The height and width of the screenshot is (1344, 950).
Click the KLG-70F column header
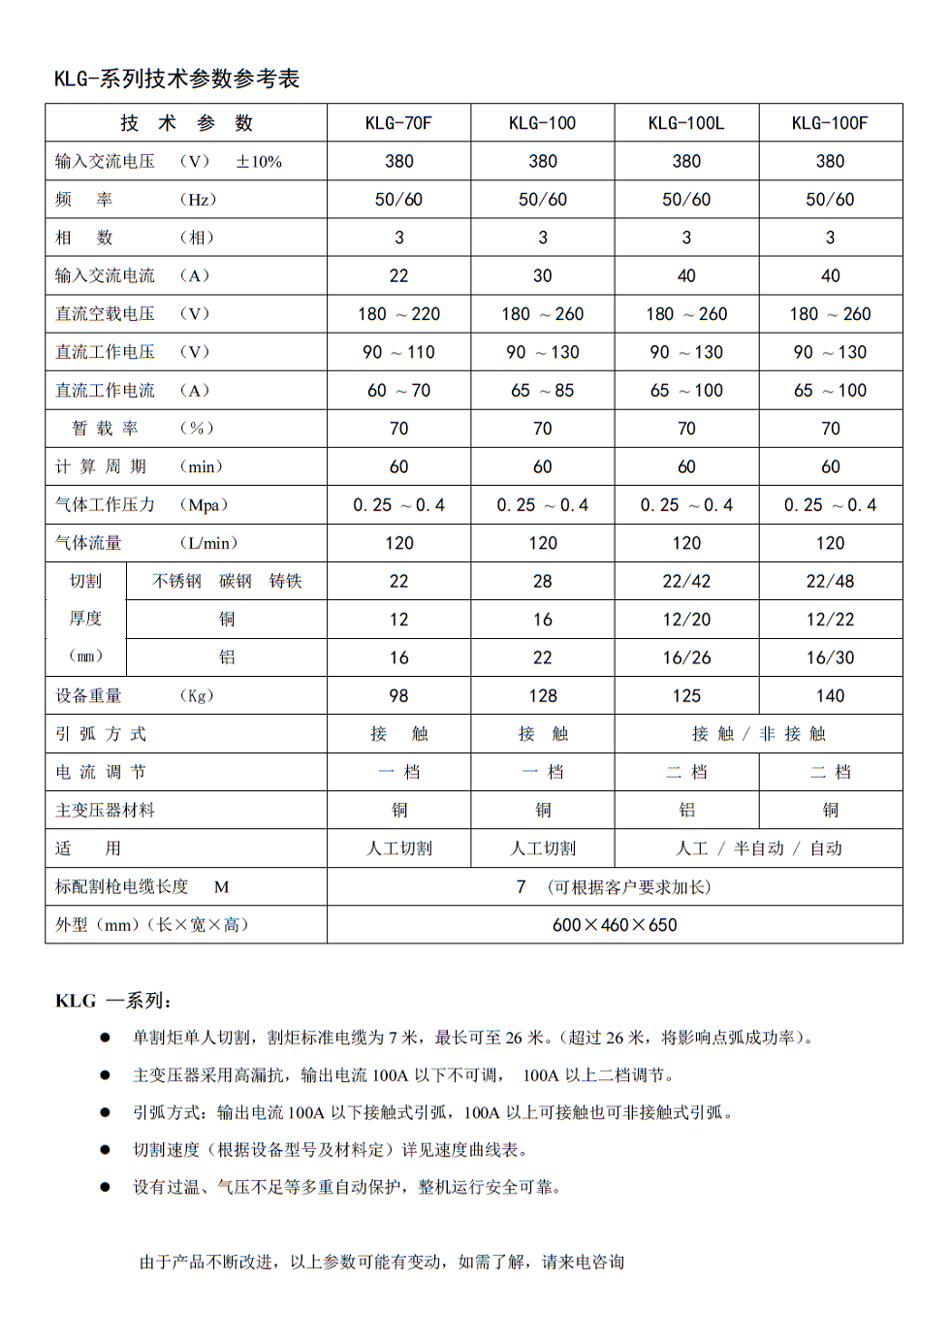398,123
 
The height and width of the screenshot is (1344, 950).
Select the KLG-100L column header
686,123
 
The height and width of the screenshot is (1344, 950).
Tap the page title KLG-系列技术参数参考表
177,80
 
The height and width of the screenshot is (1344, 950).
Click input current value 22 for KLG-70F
398,275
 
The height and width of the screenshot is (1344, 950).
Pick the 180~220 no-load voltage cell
398,314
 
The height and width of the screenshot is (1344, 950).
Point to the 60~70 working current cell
398,391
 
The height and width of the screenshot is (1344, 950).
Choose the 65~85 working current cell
542,391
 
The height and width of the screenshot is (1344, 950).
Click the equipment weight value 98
398,696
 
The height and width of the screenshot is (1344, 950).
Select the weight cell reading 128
542,696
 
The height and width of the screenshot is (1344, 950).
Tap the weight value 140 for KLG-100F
830,696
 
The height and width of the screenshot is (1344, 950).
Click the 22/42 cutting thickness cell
686,582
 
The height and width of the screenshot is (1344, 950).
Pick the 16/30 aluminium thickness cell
830,657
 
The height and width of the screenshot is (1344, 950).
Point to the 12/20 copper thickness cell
686,620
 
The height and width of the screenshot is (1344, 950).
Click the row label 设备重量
88,696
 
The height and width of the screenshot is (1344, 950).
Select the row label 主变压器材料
105,811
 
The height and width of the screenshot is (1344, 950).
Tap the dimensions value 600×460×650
615,925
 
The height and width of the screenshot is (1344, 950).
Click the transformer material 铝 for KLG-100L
686,811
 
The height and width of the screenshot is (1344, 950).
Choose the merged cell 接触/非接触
758,734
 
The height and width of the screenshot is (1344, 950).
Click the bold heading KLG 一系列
113,1001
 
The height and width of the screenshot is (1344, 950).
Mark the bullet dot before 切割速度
106,1150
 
